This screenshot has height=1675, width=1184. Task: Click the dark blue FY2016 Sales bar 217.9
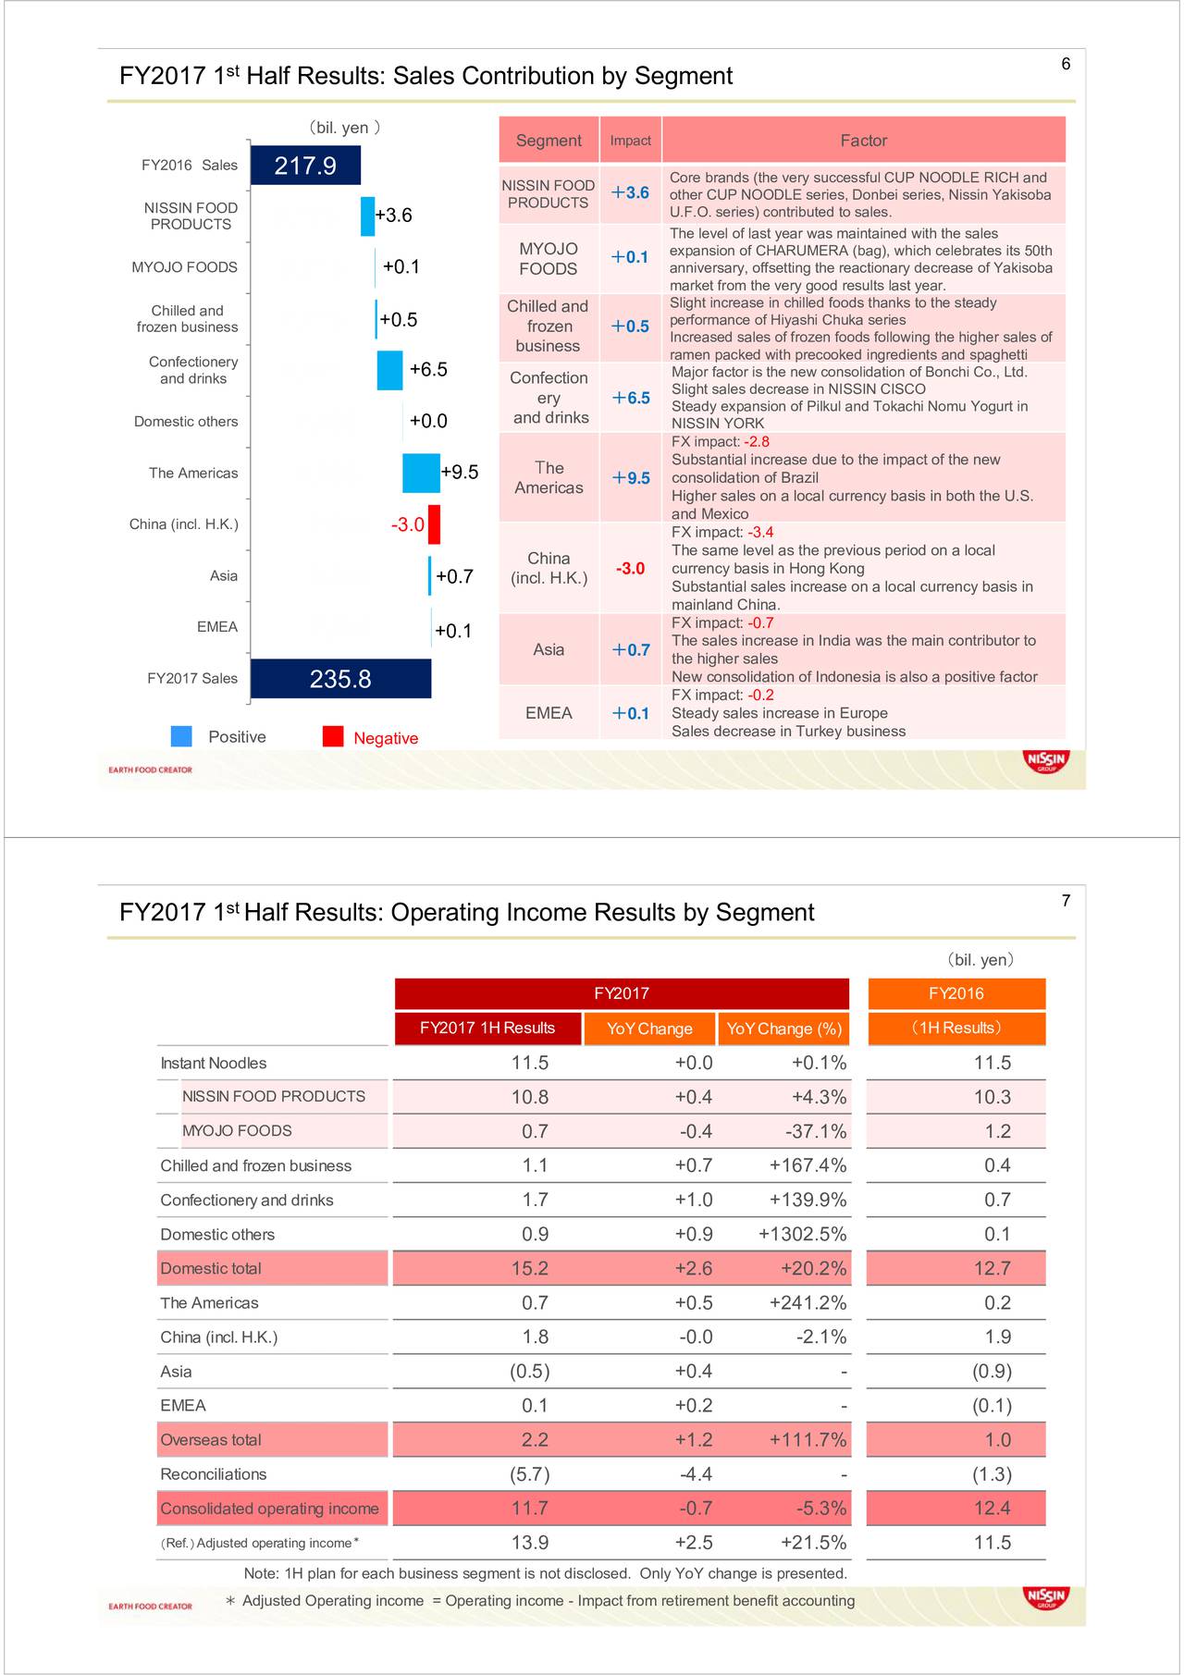pos(305,166)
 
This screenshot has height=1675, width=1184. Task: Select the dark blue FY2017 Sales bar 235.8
pos(340,679)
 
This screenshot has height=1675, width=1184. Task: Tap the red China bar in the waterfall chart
pos(434,524)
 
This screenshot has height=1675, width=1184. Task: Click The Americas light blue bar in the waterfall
pos(421,473)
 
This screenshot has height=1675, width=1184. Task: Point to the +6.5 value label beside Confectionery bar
pos(428,370)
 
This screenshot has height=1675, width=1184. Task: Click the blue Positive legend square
pos(181,736)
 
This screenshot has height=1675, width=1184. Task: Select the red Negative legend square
pos(333,736)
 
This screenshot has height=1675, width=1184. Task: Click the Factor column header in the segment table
pos(863,141)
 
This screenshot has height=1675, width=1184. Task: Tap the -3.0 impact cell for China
pos(630,568)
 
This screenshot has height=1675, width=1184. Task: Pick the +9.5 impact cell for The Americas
pos(631,478)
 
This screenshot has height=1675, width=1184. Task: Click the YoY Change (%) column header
pos(783,1028)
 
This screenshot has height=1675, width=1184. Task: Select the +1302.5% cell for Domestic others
pos(802,1235)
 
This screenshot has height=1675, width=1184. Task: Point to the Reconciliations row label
pos(214,1474)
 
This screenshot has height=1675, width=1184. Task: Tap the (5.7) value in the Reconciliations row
pos(529,1474)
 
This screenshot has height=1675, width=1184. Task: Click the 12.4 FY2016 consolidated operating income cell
pos(992,1509)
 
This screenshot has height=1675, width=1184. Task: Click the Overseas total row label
pos(211,1440)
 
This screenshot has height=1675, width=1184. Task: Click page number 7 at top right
pos(1066,901)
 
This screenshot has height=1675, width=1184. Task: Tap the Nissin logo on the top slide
pos(1046,760)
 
